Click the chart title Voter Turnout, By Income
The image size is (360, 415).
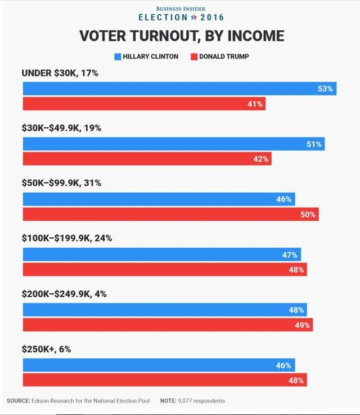pyautogui.click(x=181, y=36)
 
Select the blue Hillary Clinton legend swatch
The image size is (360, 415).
pyautogui.click(x=118, y=56)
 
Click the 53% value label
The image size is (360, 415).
pyautogui.click(x=325, y=89)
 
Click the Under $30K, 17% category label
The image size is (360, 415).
pyautogui.click(x=60, y=73)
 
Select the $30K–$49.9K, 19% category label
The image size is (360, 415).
pyautogui.click(x=61, y=128)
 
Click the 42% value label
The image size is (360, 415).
pyautogui.click(x=260, y=159)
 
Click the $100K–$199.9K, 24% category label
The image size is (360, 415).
pyautogui.click(x=66, y=238)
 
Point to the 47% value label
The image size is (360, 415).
pyautogui.click(x=290, y=255)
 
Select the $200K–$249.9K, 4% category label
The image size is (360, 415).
pyautogui.click(x=64, y=293)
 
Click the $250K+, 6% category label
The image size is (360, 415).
pyautogui.click(x=46, y=349)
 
